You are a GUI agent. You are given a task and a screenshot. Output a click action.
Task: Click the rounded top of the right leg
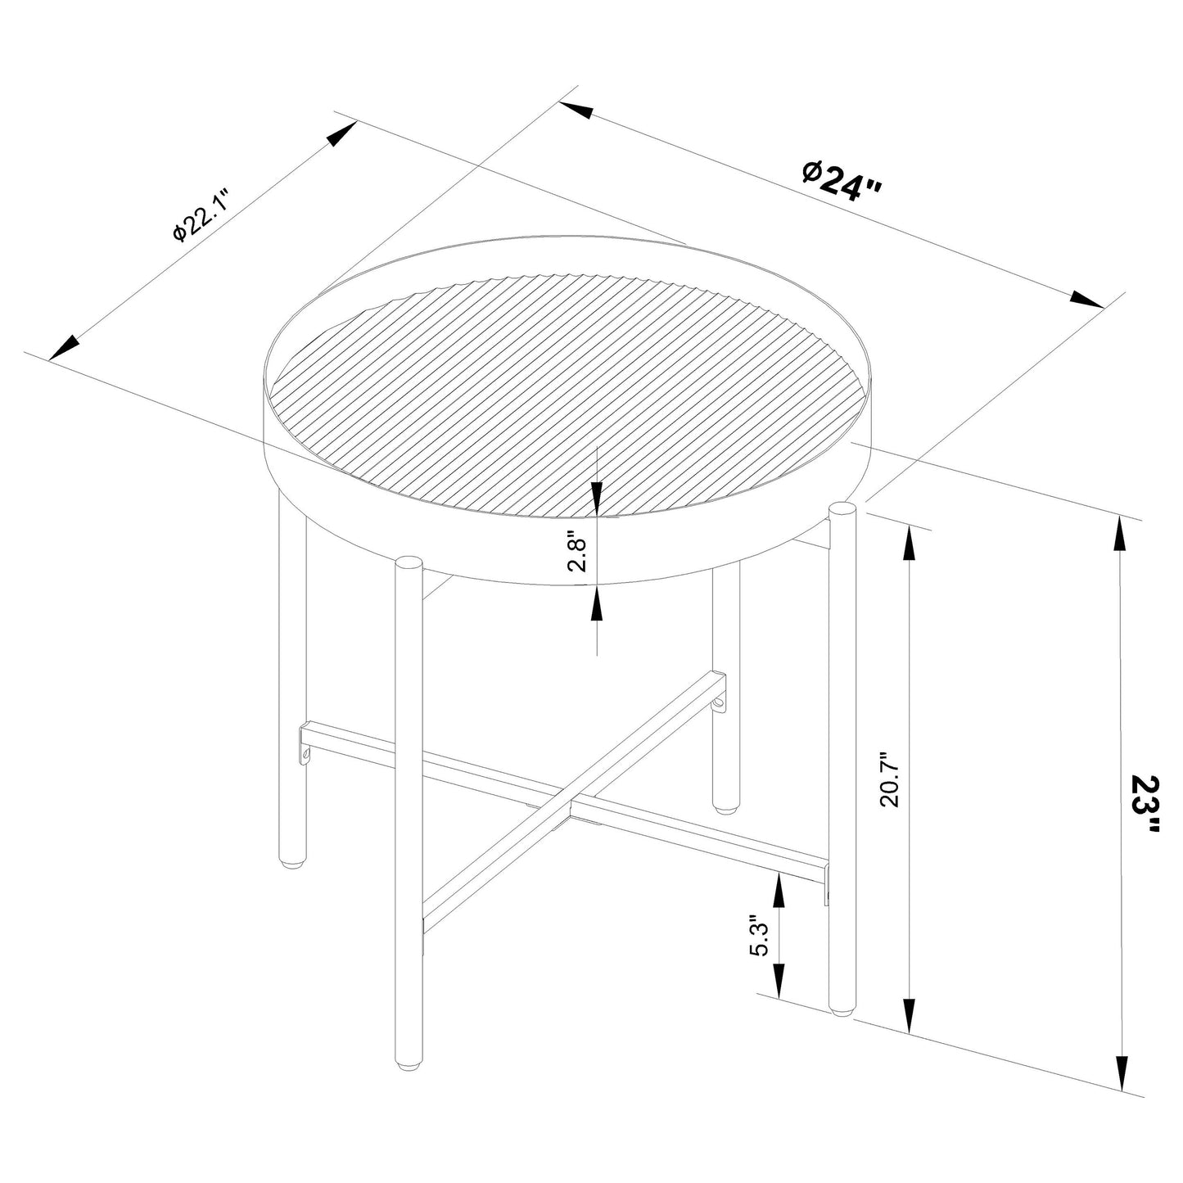tap(842, 512)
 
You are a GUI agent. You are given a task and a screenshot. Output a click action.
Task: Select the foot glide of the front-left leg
tap(407, 1066)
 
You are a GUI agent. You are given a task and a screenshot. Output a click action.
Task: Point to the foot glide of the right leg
tap(842, 1014)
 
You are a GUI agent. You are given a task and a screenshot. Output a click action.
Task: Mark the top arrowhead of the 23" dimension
tap(1121, 535)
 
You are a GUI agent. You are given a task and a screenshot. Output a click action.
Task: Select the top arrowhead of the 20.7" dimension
tap(908, 543)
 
